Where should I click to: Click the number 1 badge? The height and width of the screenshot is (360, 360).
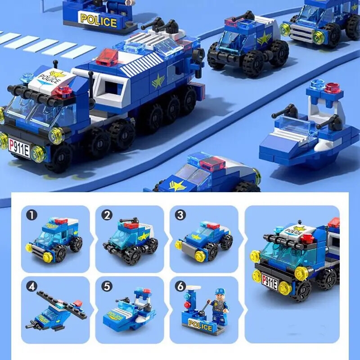[31, 215]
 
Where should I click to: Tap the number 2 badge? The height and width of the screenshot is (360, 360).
[107, 215]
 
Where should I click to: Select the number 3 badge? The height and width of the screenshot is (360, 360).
[180, 215]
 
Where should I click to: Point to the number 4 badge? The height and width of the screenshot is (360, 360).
[31, 285]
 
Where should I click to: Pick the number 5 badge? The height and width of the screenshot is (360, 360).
[107, 285]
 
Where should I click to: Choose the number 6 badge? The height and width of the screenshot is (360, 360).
[180, 285]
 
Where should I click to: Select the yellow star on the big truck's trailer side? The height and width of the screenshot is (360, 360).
[158, 82]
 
